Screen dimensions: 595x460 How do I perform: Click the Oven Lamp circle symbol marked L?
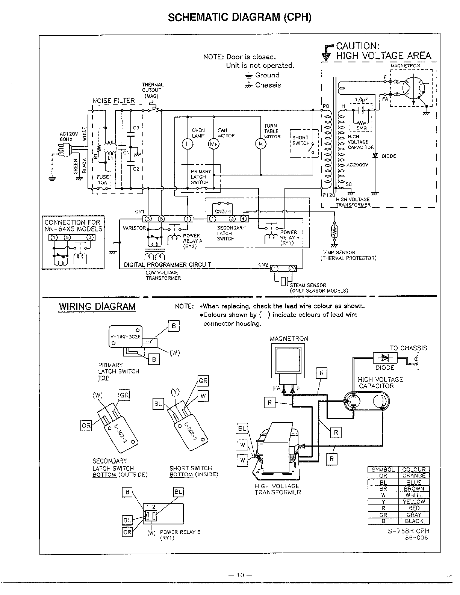click(x=188, y=144)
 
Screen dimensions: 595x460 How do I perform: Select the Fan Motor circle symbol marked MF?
click(x=213, y=144)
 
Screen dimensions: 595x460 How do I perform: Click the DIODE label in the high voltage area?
click(x=389, y=156)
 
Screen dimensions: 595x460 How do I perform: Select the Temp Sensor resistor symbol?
click(x=334, y=231)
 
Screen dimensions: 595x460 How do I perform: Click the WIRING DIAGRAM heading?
click(x=97, y=307)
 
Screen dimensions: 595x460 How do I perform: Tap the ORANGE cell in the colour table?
click(x=414, y=476)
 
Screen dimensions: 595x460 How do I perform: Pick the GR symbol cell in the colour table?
click(x=383, y=515)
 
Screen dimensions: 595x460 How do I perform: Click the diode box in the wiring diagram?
click(x=385, y=358)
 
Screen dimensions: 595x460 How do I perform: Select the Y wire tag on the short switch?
click(x=175, y=392)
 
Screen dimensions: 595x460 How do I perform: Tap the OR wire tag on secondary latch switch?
click(x=86, y=426)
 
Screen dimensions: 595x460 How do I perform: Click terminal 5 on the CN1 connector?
click(x=161, y=219)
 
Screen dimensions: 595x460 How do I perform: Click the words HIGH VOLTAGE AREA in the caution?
click(x=383, y=56)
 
